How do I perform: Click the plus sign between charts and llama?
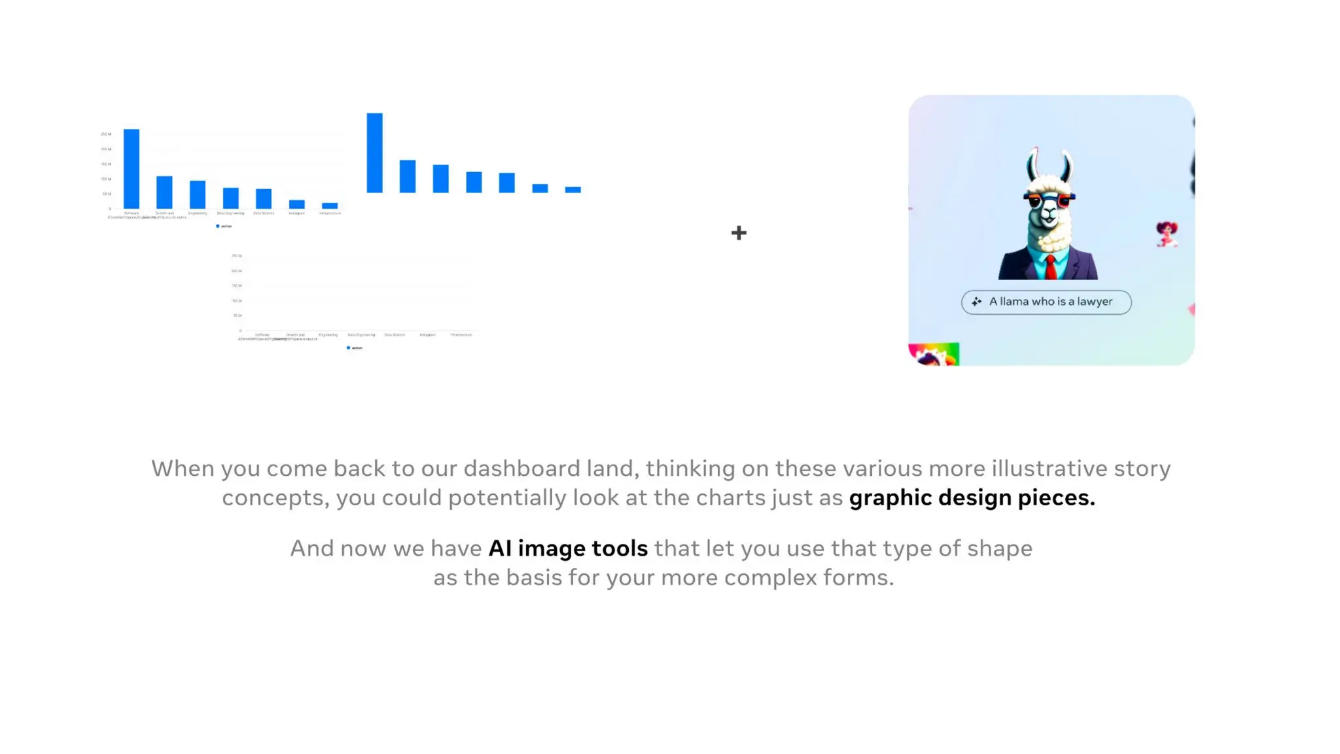pyautogui.click(x=739, y=232)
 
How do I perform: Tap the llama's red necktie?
pyautogui.click(x=1049, y=267)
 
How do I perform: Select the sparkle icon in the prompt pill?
pyautogui.click(x=976, y=302)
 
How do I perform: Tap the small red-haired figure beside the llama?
pyautogui.click(x=1166, y=234)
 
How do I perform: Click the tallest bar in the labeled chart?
pyautogui.click(x=132, y=168)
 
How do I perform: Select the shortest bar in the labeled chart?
pyautogui.click(x=330, y=206)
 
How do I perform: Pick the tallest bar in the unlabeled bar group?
pyautogui.click(x=374, y=153)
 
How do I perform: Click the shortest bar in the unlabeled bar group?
pyautogui.click(x=573, y=190)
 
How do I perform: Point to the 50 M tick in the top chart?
pyautogui.click(x=107, y=194)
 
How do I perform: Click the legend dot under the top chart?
pyautogui.click(x=218, y=226)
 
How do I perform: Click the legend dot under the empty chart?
pyautogui.click(x=348, y=348)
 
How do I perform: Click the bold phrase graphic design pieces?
pyautogui.click(x=972, y=497)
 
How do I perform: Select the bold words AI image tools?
pyautogui.click(x=568, y=548)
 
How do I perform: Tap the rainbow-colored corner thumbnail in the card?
pyautogui.click(x=934, y=354)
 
